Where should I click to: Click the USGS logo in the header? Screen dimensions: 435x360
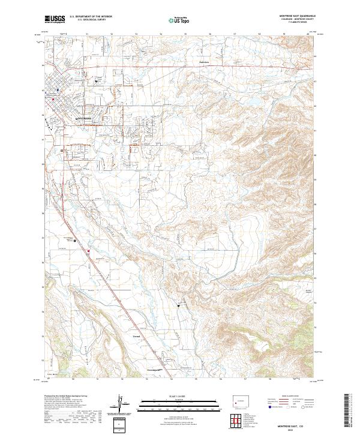tap(55, 20)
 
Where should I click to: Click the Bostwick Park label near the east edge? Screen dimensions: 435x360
tap(308, 292)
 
